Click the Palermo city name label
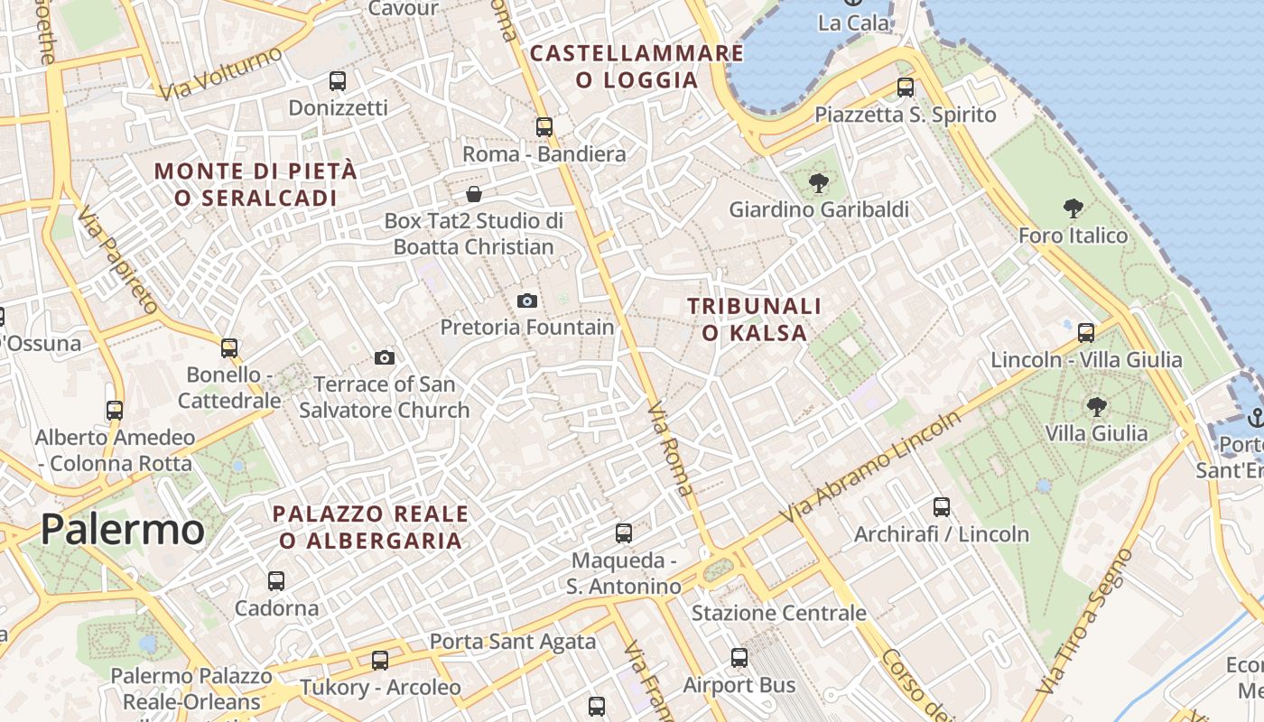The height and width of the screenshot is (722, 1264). (x=123, y=529)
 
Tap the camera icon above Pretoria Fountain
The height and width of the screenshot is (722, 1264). (x=527, y=301)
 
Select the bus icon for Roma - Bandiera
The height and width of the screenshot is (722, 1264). (x=544, y=127)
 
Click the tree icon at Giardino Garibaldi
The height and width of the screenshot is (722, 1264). (x=819, y=183)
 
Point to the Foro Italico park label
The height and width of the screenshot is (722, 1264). (x=1073, y=236)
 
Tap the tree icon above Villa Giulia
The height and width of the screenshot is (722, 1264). (x=1096, y=406)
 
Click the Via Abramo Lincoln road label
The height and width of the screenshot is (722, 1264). (x=872, y=467)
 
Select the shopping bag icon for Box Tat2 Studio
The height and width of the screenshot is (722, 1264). (x=473, y=194)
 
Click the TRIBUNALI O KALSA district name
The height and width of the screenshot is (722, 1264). (x=755, y=319)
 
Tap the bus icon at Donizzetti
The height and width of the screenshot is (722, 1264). (x=338, y=81)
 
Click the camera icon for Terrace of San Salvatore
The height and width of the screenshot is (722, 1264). (x=385, y=358)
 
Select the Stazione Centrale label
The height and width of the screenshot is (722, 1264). (x=778, y=614)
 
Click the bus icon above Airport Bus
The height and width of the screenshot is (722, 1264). (x=739, y=658)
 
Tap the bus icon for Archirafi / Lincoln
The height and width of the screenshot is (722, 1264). (x=942, y=507)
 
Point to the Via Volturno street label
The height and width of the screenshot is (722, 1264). (x=220, y=73)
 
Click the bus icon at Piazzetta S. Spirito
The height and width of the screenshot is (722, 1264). (x=906, y=88)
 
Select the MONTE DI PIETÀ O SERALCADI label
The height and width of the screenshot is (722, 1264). (x=256, y=184)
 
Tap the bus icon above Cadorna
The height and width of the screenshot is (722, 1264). (x=276, y=581)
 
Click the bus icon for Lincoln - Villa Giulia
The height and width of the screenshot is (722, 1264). (x=1086, y=332)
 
